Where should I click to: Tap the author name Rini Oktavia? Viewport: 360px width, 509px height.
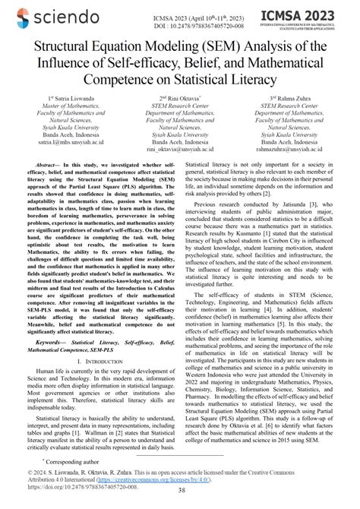(x=180, y=100)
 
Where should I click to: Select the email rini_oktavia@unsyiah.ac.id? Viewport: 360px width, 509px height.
(x=179, y=150)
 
